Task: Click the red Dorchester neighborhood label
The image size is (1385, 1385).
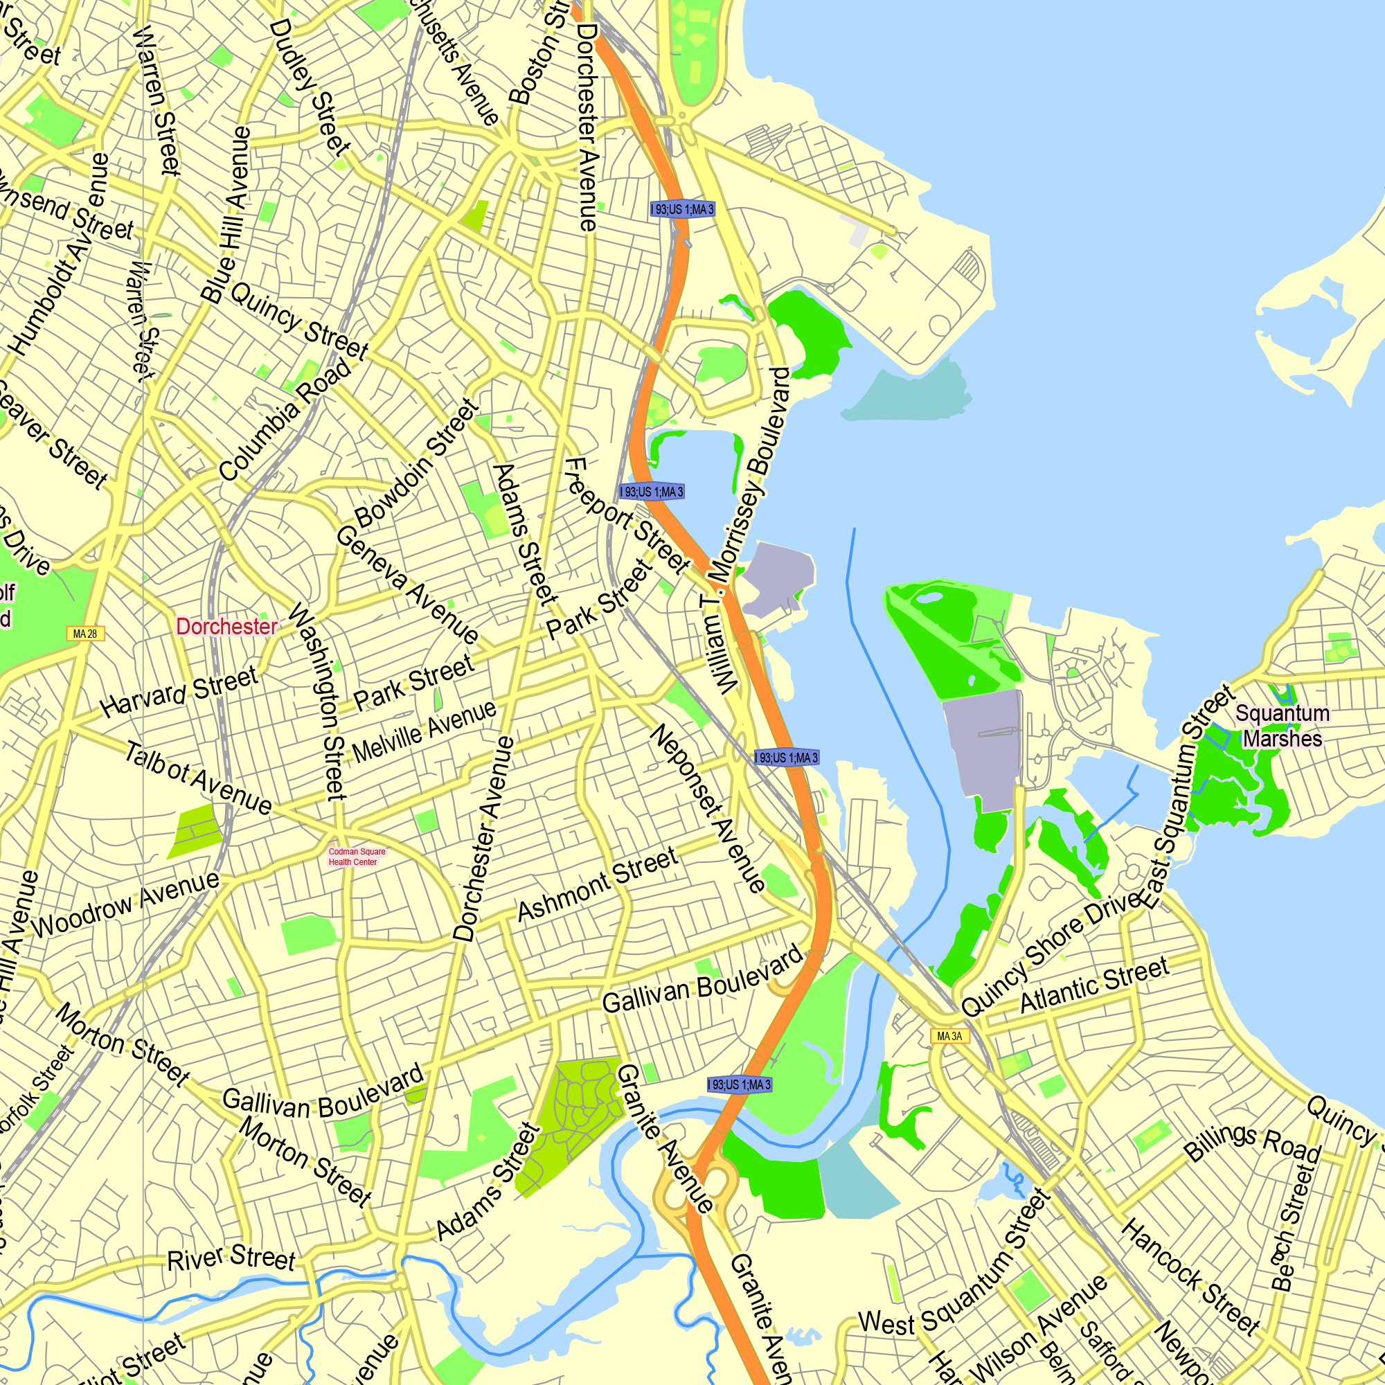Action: coord(226,627)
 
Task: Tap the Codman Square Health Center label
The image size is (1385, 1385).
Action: coord(356,857)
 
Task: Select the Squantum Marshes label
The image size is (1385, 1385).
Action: coord(1283,726)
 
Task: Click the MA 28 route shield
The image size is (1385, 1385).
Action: coord(85,634)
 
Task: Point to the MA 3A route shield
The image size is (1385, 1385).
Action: coord(949,1036)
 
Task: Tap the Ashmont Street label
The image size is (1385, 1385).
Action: coord(597,884)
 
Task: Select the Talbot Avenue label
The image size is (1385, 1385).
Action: coord(198,778)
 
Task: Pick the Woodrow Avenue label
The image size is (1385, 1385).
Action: coord(125,905)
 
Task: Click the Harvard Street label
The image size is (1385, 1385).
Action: coord(179,691)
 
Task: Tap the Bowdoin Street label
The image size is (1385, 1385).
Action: coord(415,465)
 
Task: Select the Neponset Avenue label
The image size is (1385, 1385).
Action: coord(707,808)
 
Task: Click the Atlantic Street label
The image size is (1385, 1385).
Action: coord(1094,985)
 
